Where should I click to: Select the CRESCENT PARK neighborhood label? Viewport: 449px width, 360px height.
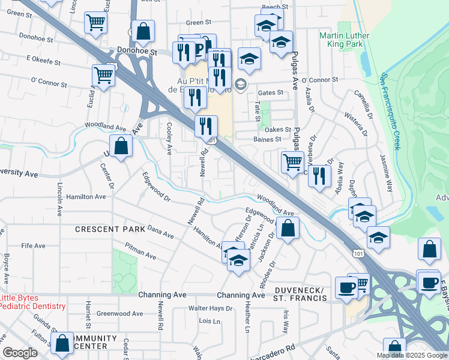[x=110, y=229]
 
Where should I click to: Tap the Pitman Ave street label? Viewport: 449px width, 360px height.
[x=140, y=251]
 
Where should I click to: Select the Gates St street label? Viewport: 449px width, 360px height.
[x=270, y=92]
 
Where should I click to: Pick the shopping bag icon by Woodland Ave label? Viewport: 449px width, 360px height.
[x=121, y=146]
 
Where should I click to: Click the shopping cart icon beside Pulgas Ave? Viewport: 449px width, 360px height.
[x=292, y=161]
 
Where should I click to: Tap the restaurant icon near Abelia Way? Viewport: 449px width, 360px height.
[x=319, y=176]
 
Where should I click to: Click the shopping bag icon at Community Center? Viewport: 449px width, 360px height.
[x=62, y=344]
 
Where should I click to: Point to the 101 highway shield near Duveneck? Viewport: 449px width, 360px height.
[x=358, y=254]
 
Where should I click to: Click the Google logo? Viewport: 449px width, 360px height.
[x=20, y=352]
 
